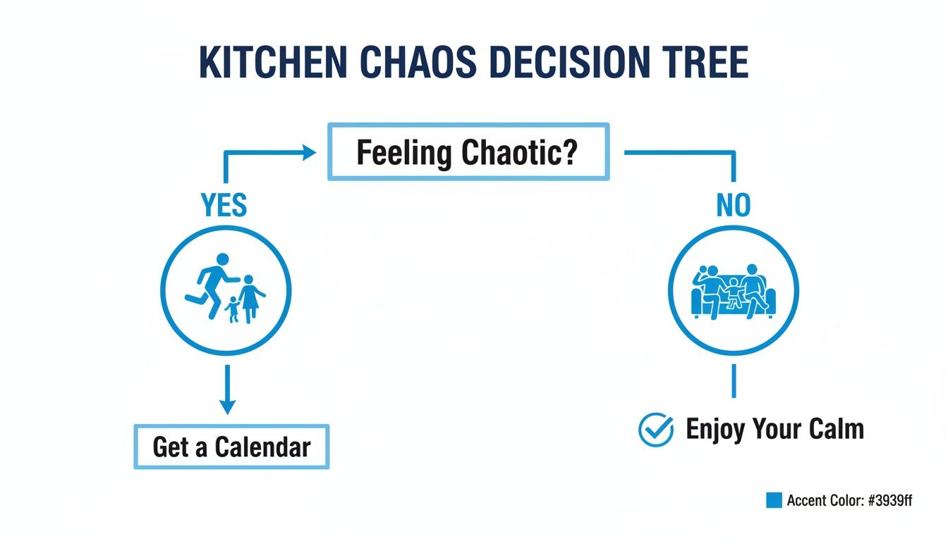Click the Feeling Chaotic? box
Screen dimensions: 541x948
(x=468, y=152)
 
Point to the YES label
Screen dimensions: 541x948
(x=224, y=206)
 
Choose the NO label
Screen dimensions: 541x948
(x=734, y=206)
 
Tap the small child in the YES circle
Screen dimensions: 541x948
(x=233, y=309)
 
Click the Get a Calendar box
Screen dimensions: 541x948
(x=231, y=447)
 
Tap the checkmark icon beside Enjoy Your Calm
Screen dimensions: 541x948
(x=655, y=429)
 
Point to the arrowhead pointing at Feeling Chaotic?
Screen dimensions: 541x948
(x=308, y=152)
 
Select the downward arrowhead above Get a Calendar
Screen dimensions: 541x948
(x=226, y=406)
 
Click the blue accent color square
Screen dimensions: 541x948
(x=774, y=500)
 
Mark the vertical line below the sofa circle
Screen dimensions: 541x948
(x=734, y=380)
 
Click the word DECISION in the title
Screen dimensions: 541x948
(x=566, y=63)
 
